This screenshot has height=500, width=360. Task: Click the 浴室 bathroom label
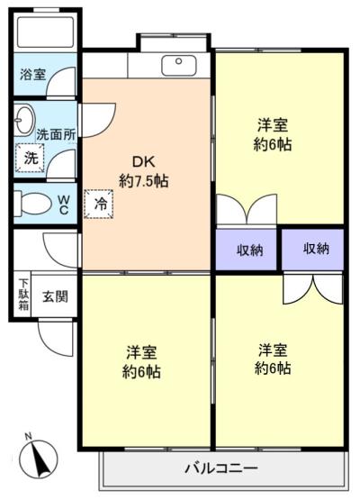click(x=33, y=74)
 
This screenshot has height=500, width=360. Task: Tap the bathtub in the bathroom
click(x=46, y=32)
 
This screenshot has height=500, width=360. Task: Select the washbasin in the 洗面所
click(x=24, y=120)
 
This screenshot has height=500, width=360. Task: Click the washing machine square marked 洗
click(x=30, y=159)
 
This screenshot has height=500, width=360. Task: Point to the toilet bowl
click(x=32, y=204)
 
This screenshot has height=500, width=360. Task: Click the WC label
click(x=64, y=205)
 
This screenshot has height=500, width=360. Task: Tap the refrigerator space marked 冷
click(x=99, y=205)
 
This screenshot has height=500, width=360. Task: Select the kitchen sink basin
click(x=179, y=66)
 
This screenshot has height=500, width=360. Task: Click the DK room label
click(x=144, y=162)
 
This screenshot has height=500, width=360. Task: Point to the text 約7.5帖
click(x=144, y=181)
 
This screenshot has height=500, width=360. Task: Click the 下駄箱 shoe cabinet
click(x=22, y=294)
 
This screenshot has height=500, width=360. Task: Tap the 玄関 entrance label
click(x=56, y=296)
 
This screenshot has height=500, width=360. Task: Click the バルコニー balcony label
click(x=221, y=468)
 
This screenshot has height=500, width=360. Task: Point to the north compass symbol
click(x=39, y=459)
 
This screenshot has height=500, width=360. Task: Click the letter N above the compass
click(x=29, y=436)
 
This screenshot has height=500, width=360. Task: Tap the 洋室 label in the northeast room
click(x=273, y=124)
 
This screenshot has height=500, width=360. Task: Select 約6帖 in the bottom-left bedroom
click(x=141, y=372)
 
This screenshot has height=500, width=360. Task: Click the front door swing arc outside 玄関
click(x=45, y=344)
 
